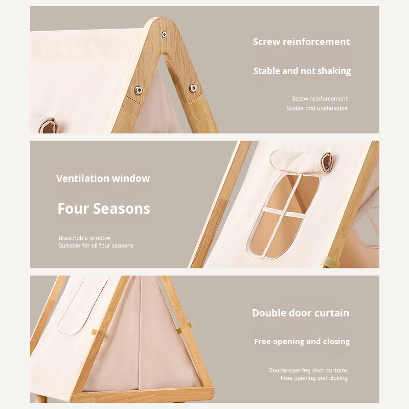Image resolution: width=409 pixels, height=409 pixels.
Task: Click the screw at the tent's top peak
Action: (164, 34)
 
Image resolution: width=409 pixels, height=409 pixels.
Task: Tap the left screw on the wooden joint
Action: (138, 90)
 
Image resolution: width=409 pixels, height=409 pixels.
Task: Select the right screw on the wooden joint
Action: (193, 88)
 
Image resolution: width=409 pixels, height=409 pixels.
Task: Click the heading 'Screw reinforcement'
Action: (301, 42)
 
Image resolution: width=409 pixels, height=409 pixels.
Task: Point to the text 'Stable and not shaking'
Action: (302, 71)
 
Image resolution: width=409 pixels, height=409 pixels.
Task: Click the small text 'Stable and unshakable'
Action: (317, 108)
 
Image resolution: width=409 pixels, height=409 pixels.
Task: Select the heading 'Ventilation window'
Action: (103, 178)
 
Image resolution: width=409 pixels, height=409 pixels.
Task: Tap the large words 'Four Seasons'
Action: (104, 209)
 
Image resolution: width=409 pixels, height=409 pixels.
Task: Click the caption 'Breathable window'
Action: (84, 238)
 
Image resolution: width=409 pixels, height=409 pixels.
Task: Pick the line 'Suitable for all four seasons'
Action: (96, 246)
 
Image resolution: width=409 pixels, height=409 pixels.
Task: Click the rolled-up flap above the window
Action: (300, 161)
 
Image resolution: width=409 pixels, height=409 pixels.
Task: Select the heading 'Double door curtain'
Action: (301, 313)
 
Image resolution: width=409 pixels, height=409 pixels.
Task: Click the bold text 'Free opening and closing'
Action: (302, 342)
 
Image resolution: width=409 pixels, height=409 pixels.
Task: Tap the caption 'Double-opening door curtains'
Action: (308, 370)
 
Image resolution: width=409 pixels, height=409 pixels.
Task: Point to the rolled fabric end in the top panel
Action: (47, 126)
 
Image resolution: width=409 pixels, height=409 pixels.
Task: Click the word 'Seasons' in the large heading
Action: (122, 209)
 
